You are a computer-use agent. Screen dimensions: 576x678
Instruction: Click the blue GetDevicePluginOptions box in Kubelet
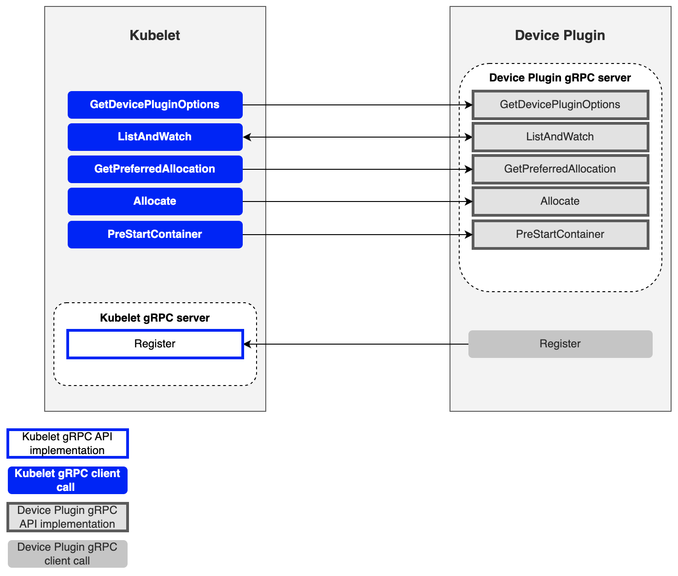click(155, 105)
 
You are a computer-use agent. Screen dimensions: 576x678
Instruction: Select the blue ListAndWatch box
click(155, 137)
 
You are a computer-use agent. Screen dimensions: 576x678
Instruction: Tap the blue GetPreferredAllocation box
click(155, 169)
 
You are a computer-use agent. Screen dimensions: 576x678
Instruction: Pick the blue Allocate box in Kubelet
click(155, 202)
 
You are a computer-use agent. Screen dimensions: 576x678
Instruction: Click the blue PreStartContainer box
click(155, 235)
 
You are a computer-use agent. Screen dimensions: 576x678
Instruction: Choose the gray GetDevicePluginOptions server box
click(560, 105)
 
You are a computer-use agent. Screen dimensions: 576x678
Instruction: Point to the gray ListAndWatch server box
click(560, 137)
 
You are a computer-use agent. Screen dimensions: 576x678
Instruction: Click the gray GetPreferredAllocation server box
click(560, 169)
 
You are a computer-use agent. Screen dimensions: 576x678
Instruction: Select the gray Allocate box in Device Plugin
click(560, 202)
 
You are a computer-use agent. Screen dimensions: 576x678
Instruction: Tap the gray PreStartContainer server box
click(560, 235)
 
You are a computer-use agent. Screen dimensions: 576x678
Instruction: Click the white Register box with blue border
click(155, 344)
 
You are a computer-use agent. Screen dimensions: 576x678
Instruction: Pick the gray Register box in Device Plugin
click(560, 344)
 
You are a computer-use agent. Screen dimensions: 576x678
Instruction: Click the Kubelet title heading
click(155, 35)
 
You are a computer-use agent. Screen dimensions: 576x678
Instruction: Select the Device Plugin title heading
click(560, 35)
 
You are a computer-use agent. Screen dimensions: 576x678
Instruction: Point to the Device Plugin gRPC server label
click(560, 78)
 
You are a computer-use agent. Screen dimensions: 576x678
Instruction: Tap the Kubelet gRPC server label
click(155, 318)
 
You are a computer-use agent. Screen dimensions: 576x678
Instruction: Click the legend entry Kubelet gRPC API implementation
click(67, 444)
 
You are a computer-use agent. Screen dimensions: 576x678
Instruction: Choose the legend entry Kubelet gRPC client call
click(67, 480)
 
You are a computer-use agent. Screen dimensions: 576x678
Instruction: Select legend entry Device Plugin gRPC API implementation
click(67, 517)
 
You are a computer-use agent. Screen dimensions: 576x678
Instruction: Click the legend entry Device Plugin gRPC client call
click(67, 554)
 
